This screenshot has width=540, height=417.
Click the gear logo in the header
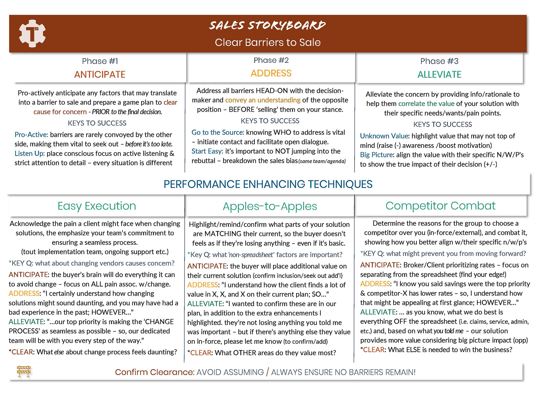[32, 33]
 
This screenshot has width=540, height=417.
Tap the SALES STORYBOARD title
[267, 25]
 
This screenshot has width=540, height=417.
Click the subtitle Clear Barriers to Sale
[268, 42]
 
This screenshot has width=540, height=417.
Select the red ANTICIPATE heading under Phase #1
[100, 74]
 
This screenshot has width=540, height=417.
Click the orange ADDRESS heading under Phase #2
[271, 73]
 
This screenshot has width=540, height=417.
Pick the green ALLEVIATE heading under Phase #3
[439, 74]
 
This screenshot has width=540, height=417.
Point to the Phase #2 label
[271, 60]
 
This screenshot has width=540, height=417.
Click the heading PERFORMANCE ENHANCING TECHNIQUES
[268, 184]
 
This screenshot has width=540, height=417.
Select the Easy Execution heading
[97, 206]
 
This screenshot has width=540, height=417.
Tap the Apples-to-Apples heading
[270, 206]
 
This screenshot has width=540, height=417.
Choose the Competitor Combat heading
[440, 206]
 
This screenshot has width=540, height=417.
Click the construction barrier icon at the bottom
[24, 371]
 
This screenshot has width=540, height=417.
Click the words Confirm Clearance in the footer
[155, 372]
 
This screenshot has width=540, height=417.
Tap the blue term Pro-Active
[31, 135]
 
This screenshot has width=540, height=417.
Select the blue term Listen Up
[30, 154]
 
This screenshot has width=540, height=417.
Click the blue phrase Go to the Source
[217, 132]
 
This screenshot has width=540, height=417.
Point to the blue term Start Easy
[207, 151]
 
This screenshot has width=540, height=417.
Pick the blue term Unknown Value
[384, 136]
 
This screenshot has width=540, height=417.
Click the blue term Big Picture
[377, 155]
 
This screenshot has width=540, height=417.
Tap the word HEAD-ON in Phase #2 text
[271, 91]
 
